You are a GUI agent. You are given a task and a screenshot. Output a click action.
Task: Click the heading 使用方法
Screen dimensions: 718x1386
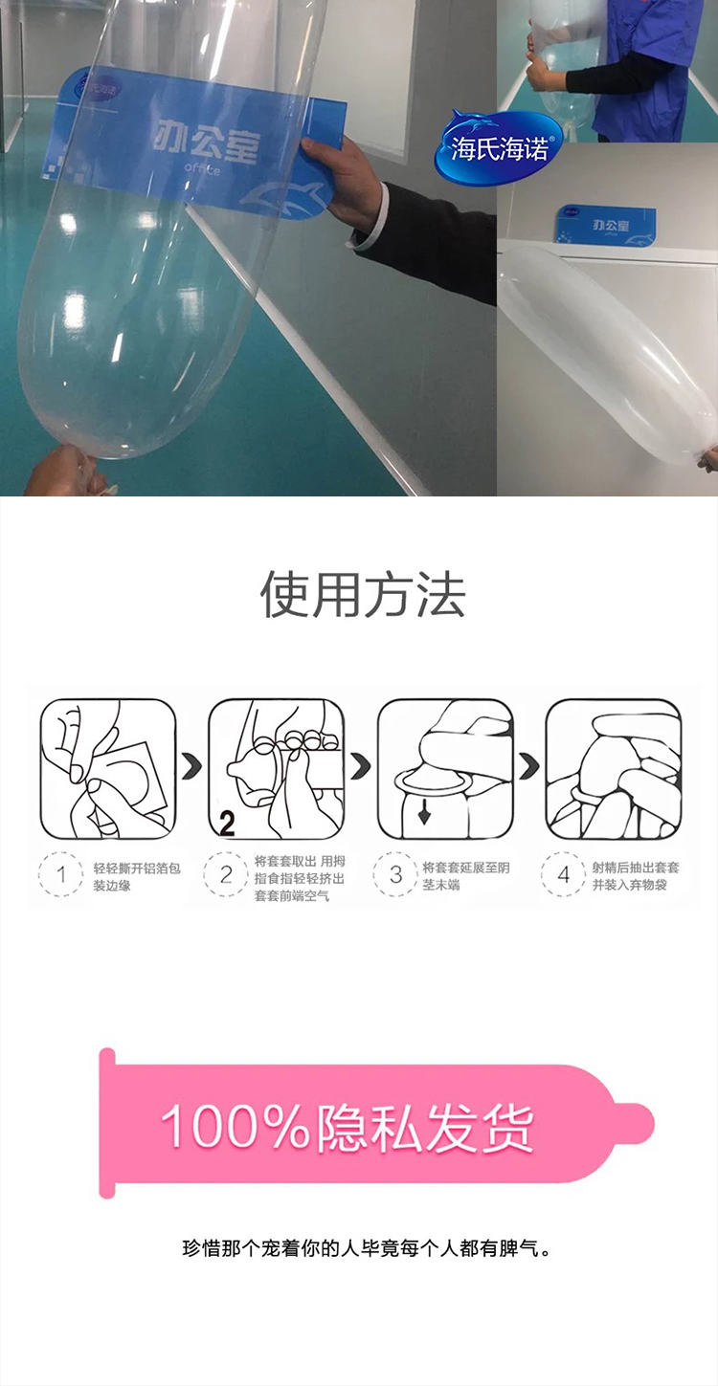click(363, 594)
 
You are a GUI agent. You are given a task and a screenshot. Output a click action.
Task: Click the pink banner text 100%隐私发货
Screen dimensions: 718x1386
click(347, 1128)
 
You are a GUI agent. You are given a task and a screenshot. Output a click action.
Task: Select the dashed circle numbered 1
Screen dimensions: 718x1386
click(60, 874)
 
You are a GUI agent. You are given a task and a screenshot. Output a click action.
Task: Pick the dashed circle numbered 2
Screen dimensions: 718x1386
click(226, 874)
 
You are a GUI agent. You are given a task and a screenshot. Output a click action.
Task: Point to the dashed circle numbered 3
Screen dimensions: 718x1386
click(395, 874)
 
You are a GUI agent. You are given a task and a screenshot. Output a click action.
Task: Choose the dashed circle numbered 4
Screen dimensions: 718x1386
click(563, 874)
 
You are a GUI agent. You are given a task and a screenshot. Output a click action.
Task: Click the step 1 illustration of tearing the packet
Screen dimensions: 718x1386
click(108, 769)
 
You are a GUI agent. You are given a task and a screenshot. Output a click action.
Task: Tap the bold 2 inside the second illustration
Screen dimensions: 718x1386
click(227, 825)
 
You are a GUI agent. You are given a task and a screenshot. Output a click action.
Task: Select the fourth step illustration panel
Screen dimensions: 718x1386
click(614, 769)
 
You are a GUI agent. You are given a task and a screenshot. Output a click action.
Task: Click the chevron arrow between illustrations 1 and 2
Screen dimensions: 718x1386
click(192, 767)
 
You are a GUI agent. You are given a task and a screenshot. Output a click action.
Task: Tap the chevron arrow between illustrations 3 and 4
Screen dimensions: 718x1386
click(529, 767)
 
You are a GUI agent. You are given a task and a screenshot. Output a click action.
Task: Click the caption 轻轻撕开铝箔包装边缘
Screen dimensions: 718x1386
click(137, 877)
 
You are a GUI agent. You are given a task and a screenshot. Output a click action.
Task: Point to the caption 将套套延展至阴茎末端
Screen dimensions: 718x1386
click(466, 876)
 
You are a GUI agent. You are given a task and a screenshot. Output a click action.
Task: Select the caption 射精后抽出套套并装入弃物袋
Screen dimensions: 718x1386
click(635, 876)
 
